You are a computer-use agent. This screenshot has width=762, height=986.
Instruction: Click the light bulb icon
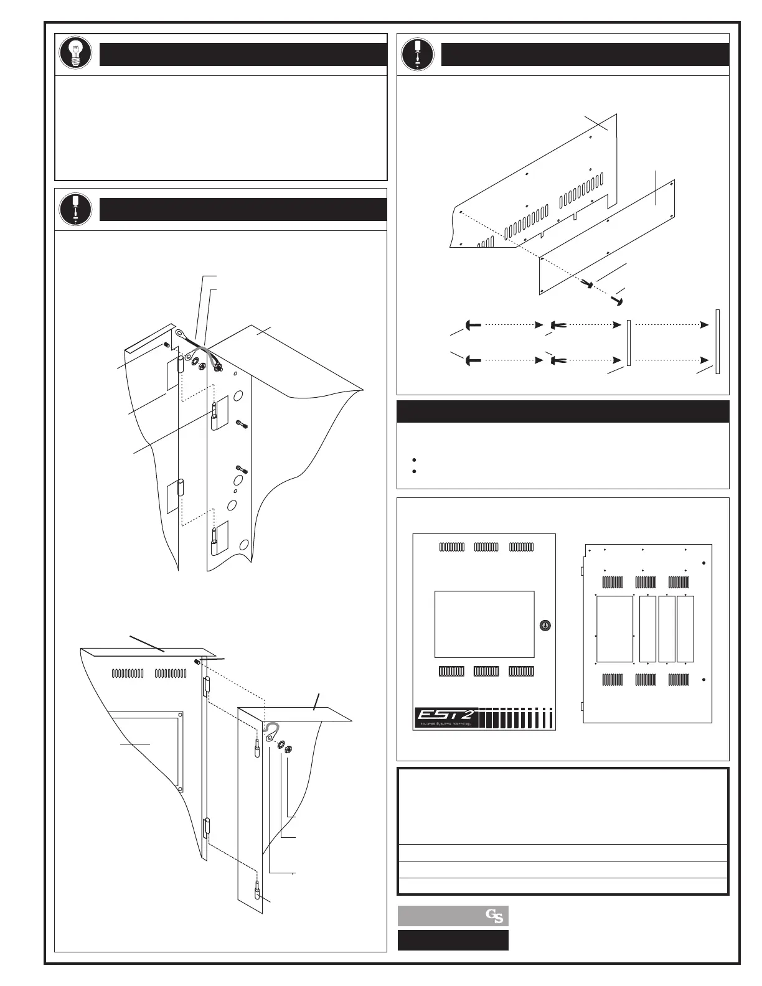click(75, 54)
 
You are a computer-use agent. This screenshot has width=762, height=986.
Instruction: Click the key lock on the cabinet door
click(545, 625)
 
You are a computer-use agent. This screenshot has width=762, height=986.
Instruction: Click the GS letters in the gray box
click(495, 916)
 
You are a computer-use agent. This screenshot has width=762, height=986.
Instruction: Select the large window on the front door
click(484, 624)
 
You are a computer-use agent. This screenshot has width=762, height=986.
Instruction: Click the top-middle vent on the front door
click(486, 547)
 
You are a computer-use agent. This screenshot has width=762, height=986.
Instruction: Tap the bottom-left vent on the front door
click(451, 671)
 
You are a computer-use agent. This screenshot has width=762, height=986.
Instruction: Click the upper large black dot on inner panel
click(704, 563)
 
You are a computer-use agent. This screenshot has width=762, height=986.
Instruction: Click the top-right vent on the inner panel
click(680, 582)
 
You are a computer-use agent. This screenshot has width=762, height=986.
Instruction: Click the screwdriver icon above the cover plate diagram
click(417, 54)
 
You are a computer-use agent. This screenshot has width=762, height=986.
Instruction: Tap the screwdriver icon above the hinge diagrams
click(75, 209)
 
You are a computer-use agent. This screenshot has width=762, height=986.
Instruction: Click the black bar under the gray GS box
click(453, 940)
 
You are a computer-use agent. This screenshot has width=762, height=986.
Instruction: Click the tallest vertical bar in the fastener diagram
click(718, 341)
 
